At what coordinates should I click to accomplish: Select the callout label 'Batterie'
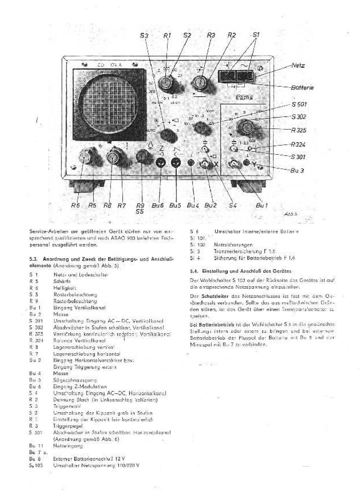point(302,88)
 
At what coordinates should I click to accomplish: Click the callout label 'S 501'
point(299,104)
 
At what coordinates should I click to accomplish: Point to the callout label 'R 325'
point(298,130)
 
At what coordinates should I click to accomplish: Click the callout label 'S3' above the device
point(144,36)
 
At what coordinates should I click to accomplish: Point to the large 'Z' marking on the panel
point(161,148)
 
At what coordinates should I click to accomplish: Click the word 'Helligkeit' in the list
point(65,288)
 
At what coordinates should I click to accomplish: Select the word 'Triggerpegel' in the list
point(68,426)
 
